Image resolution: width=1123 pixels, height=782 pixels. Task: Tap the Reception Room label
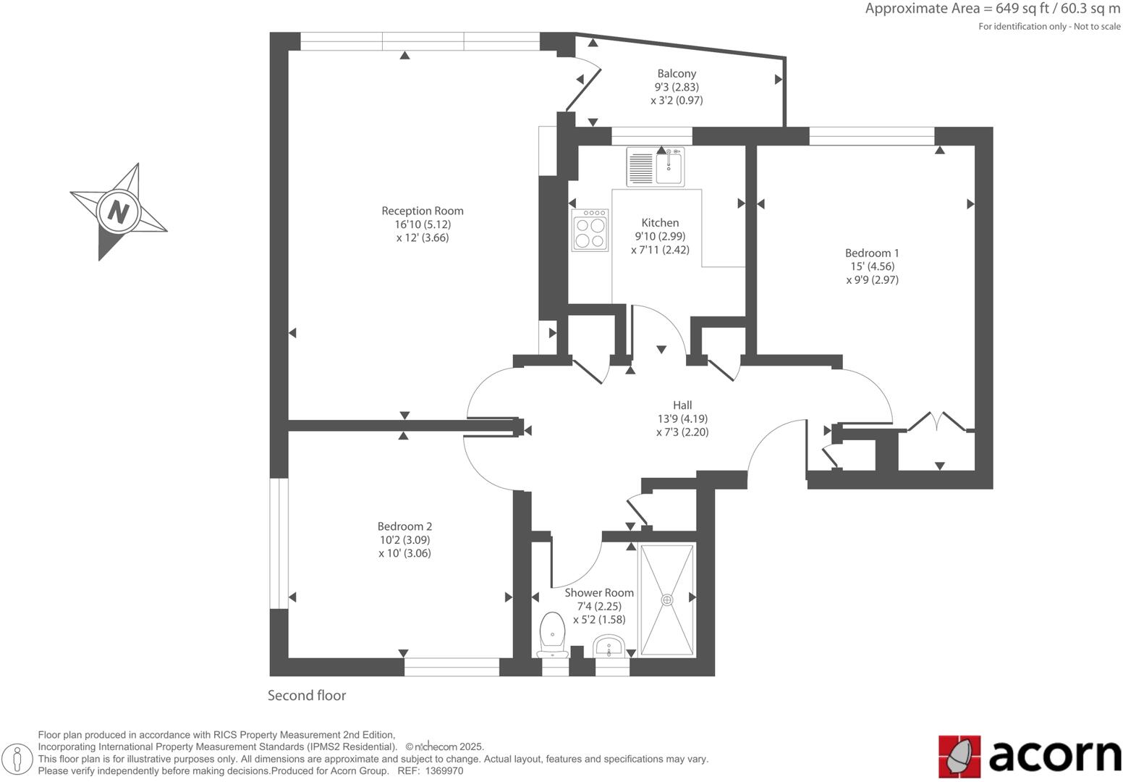coord(423,211)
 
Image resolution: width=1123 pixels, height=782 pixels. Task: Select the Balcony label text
coord(677,73)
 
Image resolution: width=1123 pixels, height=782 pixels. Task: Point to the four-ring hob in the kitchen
coord(590,231)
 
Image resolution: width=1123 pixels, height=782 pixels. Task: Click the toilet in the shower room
coord(553,634)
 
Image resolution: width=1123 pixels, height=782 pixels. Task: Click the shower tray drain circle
coord(666,600)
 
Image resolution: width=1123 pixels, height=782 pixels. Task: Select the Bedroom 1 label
coord(872,253)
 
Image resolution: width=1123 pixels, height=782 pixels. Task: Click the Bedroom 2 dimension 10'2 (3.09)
coord(404,539)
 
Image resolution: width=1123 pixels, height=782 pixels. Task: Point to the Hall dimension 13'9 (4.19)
coord(682,419)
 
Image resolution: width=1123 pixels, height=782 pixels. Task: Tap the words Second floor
coord(307,695)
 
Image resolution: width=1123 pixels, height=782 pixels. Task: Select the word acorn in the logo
coord(1055,756)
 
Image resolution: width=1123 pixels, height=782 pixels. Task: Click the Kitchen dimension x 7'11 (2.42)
coord(660,250)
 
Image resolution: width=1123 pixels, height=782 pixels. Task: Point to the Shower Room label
coord(599,592)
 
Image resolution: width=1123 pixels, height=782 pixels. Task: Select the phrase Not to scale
coord(1097,27)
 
